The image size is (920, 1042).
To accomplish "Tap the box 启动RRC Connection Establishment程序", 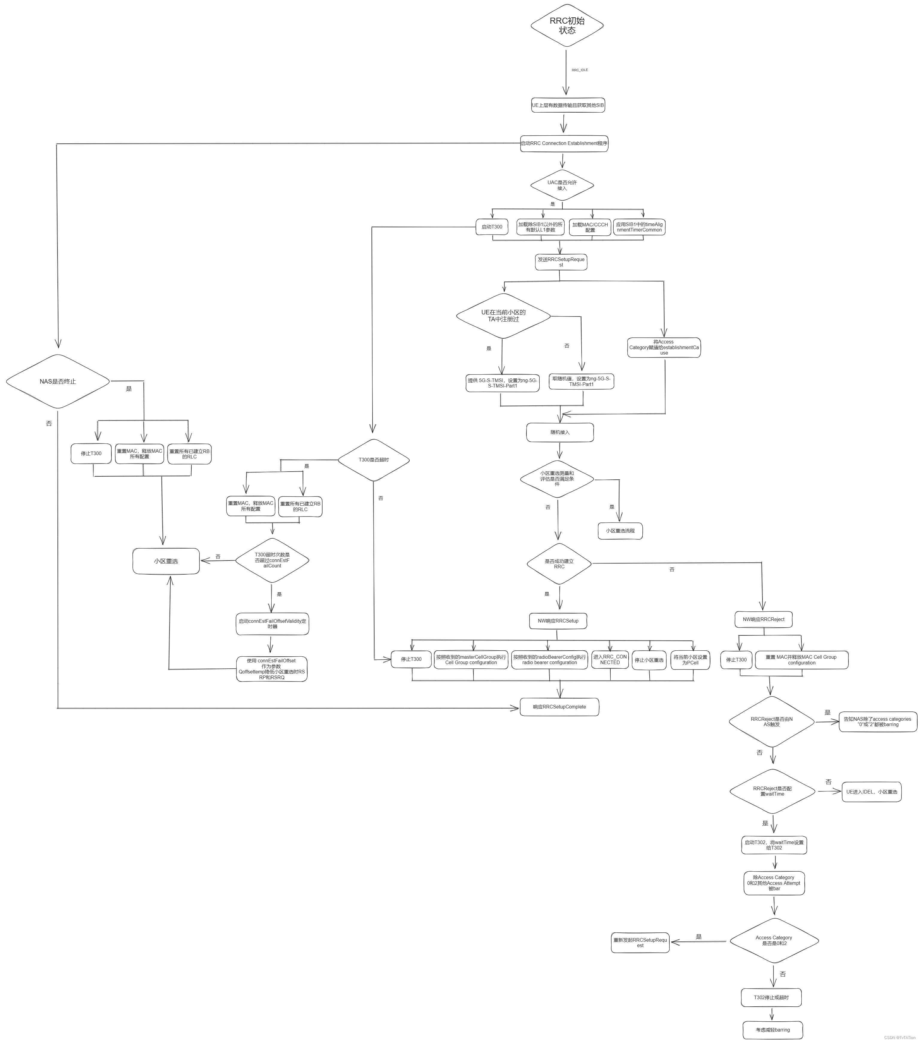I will pyautogui.click(x=564, y=143).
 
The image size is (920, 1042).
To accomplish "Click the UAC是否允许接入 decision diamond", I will pyautogui.click(x=562, y=185).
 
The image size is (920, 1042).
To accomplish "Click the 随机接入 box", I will pyautogui.click(x=560, y=432).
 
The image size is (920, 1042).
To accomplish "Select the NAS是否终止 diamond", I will pyautogui.click(x=57, y=381).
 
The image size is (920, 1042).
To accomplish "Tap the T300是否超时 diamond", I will pyautogui.click(x=373, y=460).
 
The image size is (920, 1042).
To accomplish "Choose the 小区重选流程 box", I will pyautogui.click(x=620, y=531).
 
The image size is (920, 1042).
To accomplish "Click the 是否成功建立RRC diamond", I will pyautogui.click(x=559, y=564).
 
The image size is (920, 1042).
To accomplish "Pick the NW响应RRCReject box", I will pyautogui.click(x=763, y=620).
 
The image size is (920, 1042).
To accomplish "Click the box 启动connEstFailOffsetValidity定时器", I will pyautogui.click(x=272, y=623).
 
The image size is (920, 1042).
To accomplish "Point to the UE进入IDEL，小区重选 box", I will pyautogui.click(x=871, y=792).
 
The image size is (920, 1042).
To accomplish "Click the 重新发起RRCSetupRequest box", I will pyautogui.click(x=640, y=943).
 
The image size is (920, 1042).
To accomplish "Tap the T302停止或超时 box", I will pyautogui.click(x=771, y=997).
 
